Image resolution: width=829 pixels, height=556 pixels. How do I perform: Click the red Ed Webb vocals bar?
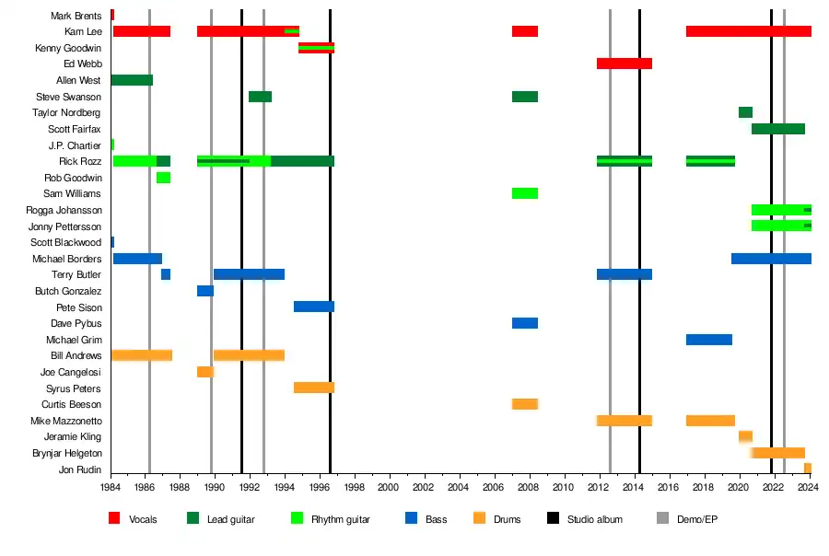625,64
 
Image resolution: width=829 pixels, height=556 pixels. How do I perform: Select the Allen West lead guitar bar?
132,80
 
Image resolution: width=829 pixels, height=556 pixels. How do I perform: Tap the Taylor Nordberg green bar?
745,112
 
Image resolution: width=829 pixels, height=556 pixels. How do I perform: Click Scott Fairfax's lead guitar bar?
778,129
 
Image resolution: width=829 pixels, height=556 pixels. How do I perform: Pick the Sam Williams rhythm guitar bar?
525,193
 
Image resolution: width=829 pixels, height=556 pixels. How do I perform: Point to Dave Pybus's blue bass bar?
525,323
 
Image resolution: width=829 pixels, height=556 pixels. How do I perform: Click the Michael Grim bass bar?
709,340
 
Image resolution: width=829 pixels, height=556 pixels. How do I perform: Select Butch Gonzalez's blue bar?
205,291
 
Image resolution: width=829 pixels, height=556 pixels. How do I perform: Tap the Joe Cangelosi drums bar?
205,372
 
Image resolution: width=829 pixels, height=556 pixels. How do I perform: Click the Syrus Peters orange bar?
314,388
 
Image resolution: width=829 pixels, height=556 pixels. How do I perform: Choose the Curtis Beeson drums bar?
525,404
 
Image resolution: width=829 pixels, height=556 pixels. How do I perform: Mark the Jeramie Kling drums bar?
745,436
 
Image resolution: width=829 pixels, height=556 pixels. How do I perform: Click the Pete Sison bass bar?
314,307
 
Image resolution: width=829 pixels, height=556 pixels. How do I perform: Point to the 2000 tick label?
388,487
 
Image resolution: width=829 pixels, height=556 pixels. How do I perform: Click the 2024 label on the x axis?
808,487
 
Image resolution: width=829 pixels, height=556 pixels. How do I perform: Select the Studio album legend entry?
594,519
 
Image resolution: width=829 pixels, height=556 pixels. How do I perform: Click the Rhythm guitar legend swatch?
297,519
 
